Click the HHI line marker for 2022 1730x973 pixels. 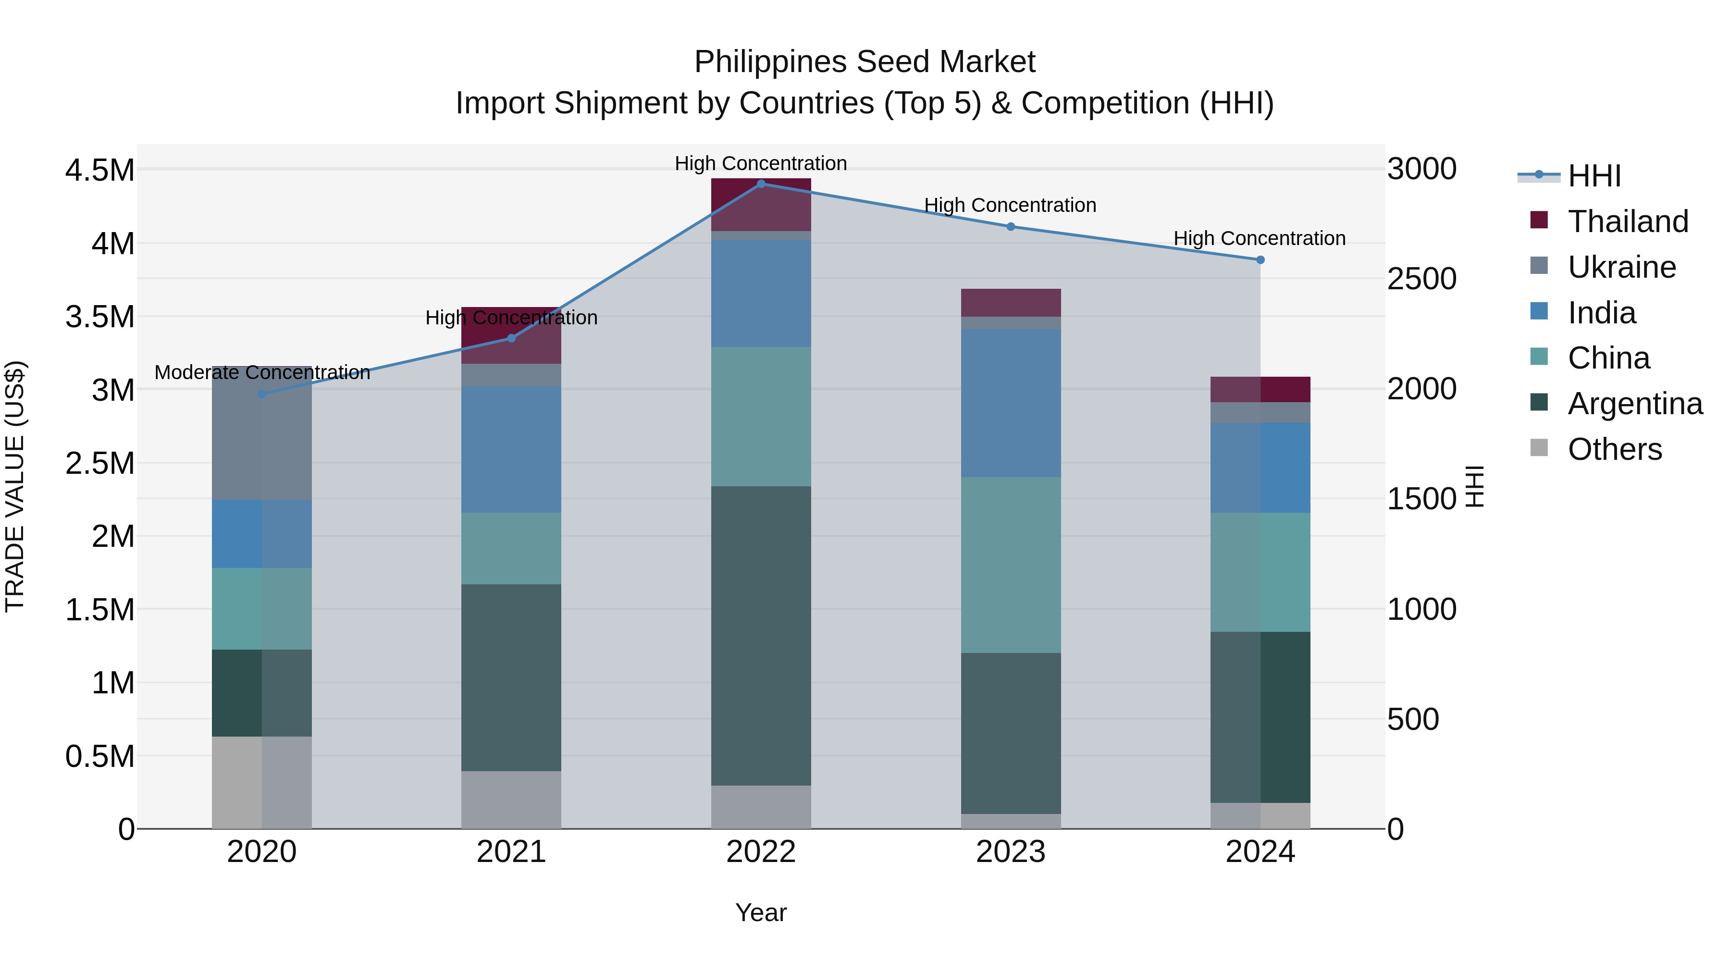[x=761, y=184]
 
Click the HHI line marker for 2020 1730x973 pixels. [x=262, y=394]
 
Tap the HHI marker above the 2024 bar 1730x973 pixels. [x=1260, y=260]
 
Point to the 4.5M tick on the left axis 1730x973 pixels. [x=99, y=171]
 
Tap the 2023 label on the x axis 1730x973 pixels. [x=1010, y=852]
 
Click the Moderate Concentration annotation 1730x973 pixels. [x=262, y=373]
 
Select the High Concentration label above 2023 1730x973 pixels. [x=1010, y=206]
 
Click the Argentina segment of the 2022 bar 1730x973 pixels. [x=761, y=635]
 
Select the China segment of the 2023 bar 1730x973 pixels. [x=1010, y=565]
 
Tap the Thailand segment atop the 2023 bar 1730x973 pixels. [x=1010, y=303]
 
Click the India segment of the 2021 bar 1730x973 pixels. [x=511, y=449]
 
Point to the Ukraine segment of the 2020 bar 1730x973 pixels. [x=262, y=433]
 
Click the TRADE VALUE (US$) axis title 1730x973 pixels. [x=15, y=486]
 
